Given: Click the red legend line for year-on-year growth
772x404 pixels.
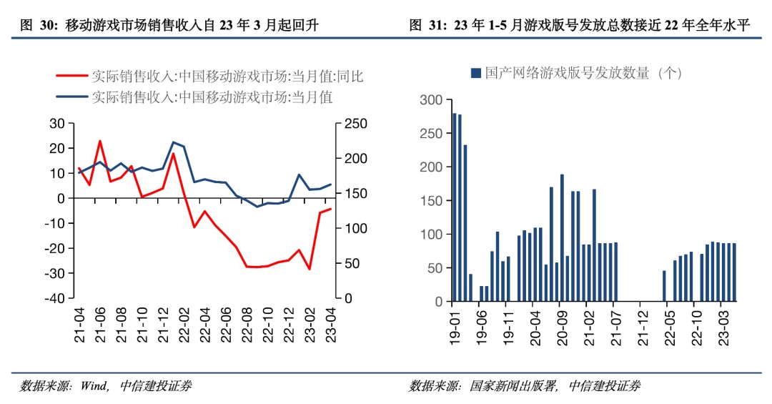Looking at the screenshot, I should pyautogui.click(x=74, y=75).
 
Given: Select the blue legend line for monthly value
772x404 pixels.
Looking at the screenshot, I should pyautogui.click(x=74, y=97).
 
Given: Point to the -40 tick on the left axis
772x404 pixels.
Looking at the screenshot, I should pyautogui.click(x=55, y=298).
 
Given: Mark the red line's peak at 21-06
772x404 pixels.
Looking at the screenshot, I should pyautogui.click(x=100, y=141).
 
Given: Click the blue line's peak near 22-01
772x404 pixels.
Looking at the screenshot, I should pyautogui.click(x=173, y=142).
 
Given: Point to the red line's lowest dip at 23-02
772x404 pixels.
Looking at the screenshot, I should pyautogui.click(x=310, y=269).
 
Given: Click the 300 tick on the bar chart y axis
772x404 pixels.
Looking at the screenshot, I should pyautogui.click(x=432, y=100).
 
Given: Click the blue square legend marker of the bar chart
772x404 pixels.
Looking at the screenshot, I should pyautogui.click(x=475, y=74).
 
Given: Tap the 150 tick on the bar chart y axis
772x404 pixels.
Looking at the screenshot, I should pyautogui.click(x=432, y=201).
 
